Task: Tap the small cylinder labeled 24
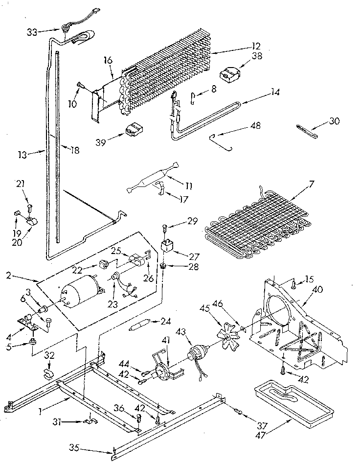(x=139, y=326)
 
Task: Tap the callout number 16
(x=108, y=61)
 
